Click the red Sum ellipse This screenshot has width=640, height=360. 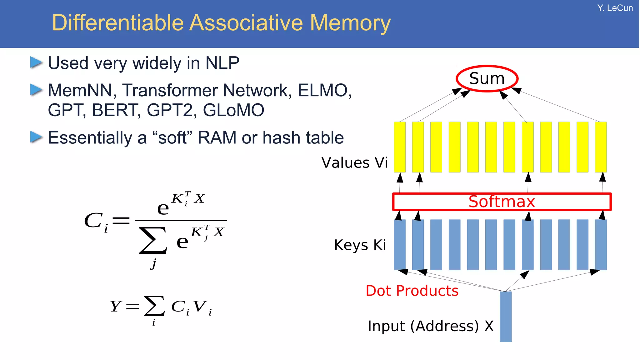click(487, 78)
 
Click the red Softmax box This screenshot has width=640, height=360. click(502, 202)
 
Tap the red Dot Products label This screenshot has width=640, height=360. click(412, 291)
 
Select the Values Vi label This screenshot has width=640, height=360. click(354, 163)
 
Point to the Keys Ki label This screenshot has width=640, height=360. click(360, 245)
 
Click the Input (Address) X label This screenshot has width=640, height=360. click(430, 326)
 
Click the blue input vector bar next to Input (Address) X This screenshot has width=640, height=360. click(505, 317)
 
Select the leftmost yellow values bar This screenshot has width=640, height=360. click(399, 147)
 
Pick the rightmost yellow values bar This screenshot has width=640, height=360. click(601, 147)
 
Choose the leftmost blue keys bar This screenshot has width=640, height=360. click(399, 245)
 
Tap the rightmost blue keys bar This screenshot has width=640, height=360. click(601, 245)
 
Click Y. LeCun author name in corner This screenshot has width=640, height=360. click(615, 8)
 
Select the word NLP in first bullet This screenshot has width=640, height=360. click(222, 63)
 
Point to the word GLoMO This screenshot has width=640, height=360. click(233, 110)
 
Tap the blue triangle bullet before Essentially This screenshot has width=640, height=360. click(36, 137)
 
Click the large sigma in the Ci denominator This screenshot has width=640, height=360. click(153, 240)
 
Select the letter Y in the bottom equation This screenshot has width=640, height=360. click(115, 306)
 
